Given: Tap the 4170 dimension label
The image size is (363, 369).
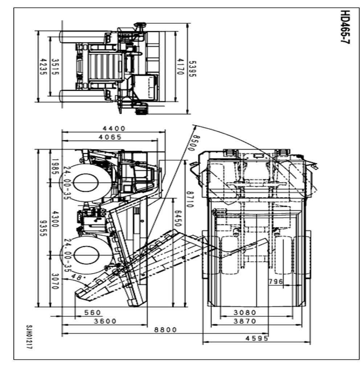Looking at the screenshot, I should point(180,67).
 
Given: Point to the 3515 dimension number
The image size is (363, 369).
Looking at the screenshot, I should point(55,67).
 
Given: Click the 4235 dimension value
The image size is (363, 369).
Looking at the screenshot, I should point(43,67).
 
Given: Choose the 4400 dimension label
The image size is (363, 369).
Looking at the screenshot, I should point(114,128).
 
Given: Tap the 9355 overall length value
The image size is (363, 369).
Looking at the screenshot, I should point(43,228).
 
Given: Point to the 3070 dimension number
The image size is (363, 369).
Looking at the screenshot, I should point(55,281).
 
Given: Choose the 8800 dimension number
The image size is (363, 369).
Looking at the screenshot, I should point(165,329).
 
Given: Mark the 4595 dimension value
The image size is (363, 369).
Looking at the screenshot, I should point(257,338).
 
